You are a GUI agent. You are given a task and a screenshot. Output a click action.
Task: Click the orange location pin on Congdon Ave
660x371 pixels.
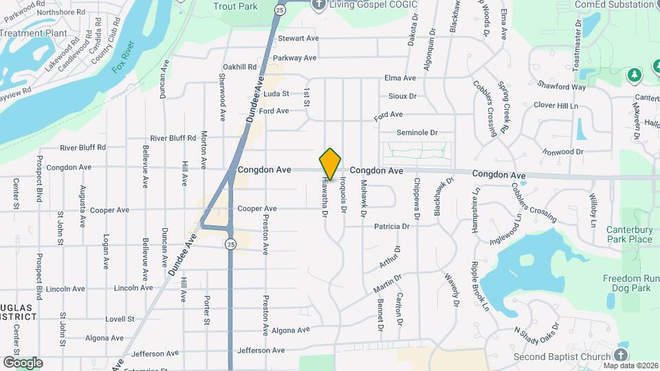[331, 164]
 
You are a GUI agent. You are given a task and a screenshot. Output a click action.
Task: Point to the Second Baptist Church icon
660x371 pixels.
[621, 355]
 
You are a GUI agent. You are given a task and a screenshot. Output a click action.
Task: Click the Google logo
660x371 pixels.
[23, 362]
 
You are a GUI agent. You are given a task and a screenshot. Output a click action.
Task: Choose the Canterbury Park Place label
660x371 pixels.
[629, 234]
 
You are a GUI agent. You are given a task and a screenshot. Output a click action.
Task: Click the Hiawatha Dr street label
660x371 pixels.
[324, 198]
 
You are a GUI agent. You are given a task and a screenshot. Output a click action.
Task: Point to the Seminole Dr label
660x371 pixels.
[417, 133]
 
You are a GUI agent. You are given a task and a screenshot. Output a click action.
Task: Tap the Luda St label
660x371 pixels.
[276, 93]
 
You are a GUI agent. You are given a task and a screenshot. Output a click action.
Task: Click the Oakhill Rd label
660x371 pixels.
[239, 67]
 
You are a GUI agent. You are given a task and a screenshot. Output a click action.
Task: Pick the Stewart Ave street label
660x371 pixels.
[301, 38]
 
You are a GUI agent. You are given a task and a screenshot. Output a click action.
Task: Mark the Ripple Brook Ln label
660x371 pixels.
[480, 286]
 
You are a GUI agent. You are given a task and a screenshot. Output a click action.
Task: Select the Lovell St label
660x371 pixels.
[120, 319]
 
